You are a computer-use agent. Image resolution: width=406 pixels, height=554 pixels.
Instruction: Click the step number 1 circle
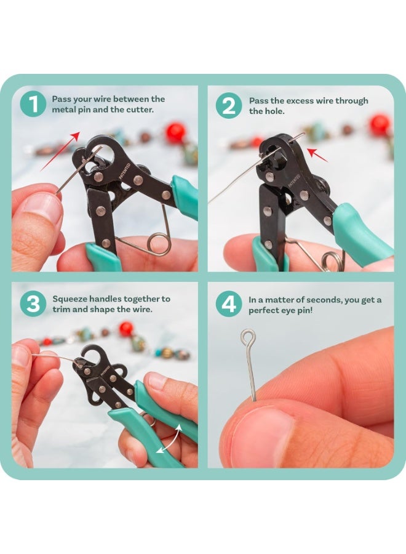tap(32, 105)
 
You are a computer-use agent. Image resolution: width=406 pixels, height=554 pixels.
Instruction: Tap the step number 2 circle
tap(228, 106)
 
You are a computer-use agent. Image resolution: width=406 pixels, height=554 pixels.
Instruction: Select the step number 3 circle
tap(32, 304)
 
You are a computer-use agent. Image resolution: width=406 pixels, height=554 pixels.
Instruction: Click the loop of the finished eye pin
tap(248, 337)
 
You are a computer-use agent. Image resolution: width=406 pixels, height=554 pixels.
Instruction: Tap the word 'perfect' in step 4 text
tap(265, 310)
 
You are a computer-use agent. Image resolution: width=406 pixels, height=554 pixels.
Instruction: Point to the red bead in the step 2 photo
tap(380, 125)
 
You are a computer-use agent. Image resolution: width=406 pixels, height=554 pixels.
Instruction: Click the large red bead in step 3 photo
tap(126, 329)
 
